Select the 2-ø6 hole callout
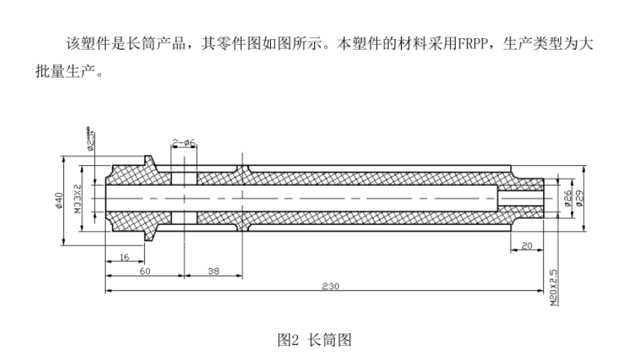click(184, 142)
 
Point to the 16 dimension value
click(124, 257)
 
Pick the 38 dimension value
click(213, 272)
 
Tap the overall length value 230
click(330, 286)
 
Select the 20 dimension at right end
click(526, 245)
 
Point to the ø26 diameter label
click(568, 197)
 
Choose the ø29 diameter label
click(580, 197)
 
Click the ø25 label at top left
click(90, 139)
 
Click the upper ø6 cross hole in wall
click(184, 177)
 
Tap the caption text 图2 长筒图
click(314, 340)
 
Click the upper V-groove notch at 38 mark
click(242, 170)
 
